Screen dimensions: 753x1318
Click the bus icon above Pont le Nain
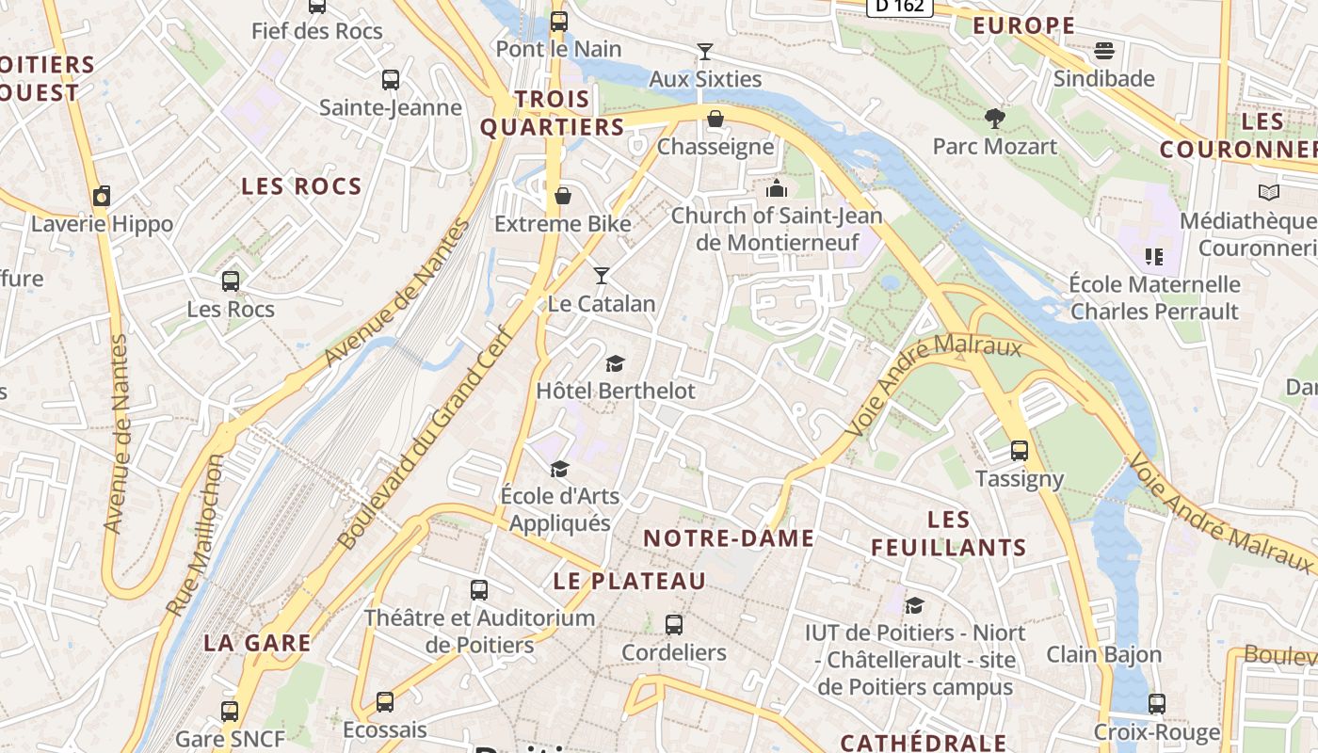point(559,20)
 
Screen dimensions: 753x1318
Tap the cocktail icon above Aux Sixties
point(705,51)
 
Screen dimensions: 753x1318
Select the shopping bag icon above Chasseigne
point(715,118)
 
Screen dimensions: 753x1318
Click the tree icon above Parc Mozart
point(994,118)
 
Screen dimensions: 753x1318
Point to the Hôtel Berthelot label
point(616,390)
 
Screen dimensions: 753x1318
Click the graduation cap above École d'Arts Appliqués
point(560,468)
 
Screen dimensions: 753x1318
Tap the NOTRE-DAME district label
point(729,538)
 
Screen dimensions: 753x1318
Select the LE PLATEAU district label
point(629,582)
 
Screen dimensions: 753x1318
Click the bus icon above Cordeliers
point(674,624)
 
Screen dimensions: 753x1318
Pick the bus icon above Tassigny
point(1020,451)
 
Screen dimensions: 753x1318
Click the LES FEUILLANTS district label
point(948,534)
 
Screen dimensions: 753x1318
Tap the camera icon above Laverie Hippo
point(102,196)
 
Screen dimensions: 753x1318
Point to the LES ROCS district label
point(301,186)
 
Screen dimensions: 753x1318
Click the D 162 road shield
point(899,7)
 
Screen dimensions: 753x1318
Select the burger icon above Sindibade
point(1104,50)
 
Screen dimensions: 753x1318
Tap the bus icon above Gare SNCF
point(230,711)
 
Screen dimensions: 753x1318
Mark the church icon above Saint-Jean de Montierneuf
point(777,187)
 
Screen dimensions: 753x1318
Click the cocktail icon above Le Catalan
point(602,276)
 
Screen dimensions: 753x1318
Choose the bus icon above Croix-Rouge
point(1157,703)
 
